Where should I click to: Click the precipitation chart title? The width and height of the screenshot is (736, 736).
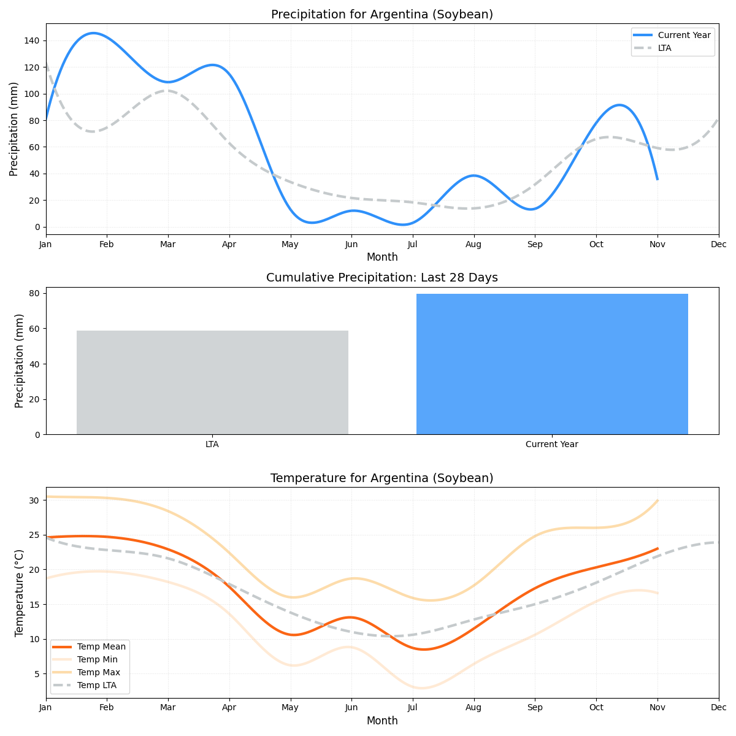381,15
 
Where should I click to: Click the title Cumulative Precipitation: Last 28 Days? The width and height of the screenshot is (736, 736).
381,278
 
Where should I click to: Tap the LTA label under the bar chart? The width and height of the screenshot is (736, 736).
212,445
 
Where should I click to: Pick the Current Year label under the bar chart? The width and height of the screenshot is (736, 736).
552,445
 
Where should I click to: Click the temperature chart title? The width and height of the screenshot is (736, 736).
381,478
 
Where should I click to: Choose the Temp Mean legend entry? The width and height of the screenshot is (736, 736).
101,646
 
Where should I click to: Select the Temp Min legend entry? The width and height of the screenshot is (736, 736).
97,659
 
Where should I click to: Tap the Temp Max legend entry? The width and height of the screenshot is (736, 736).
98,673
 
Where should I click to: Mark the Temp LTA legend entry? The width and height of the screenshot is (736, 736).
96,686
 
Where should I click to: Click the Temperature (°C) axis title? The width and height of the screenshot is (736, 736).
20,592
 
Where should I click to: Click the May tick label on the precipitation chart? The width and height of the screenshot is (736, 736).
290,245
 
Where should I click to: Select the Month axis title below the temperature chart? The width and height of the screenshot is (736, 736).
381,721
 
